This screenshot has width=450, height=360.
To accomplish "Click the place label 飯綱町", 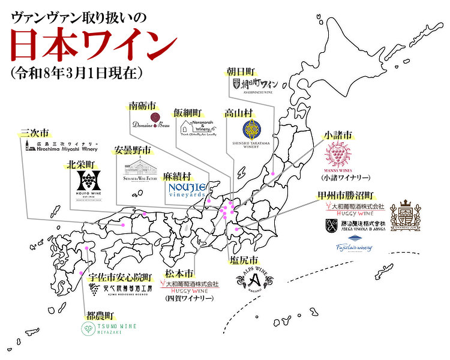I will click(188, 112).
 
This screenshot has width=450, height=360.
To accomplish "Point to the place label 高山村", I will click(238, 112).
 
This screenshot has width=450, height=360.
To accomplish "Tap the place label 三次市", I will click(34, 133).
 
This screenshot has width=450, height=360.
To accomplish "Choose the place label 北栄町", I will click(82, 164).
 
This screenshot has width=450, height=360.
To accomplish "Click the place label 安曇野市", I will click(132, 150).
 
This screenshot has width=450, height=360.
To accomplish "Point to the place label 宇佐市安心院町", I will click(120, 277).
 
